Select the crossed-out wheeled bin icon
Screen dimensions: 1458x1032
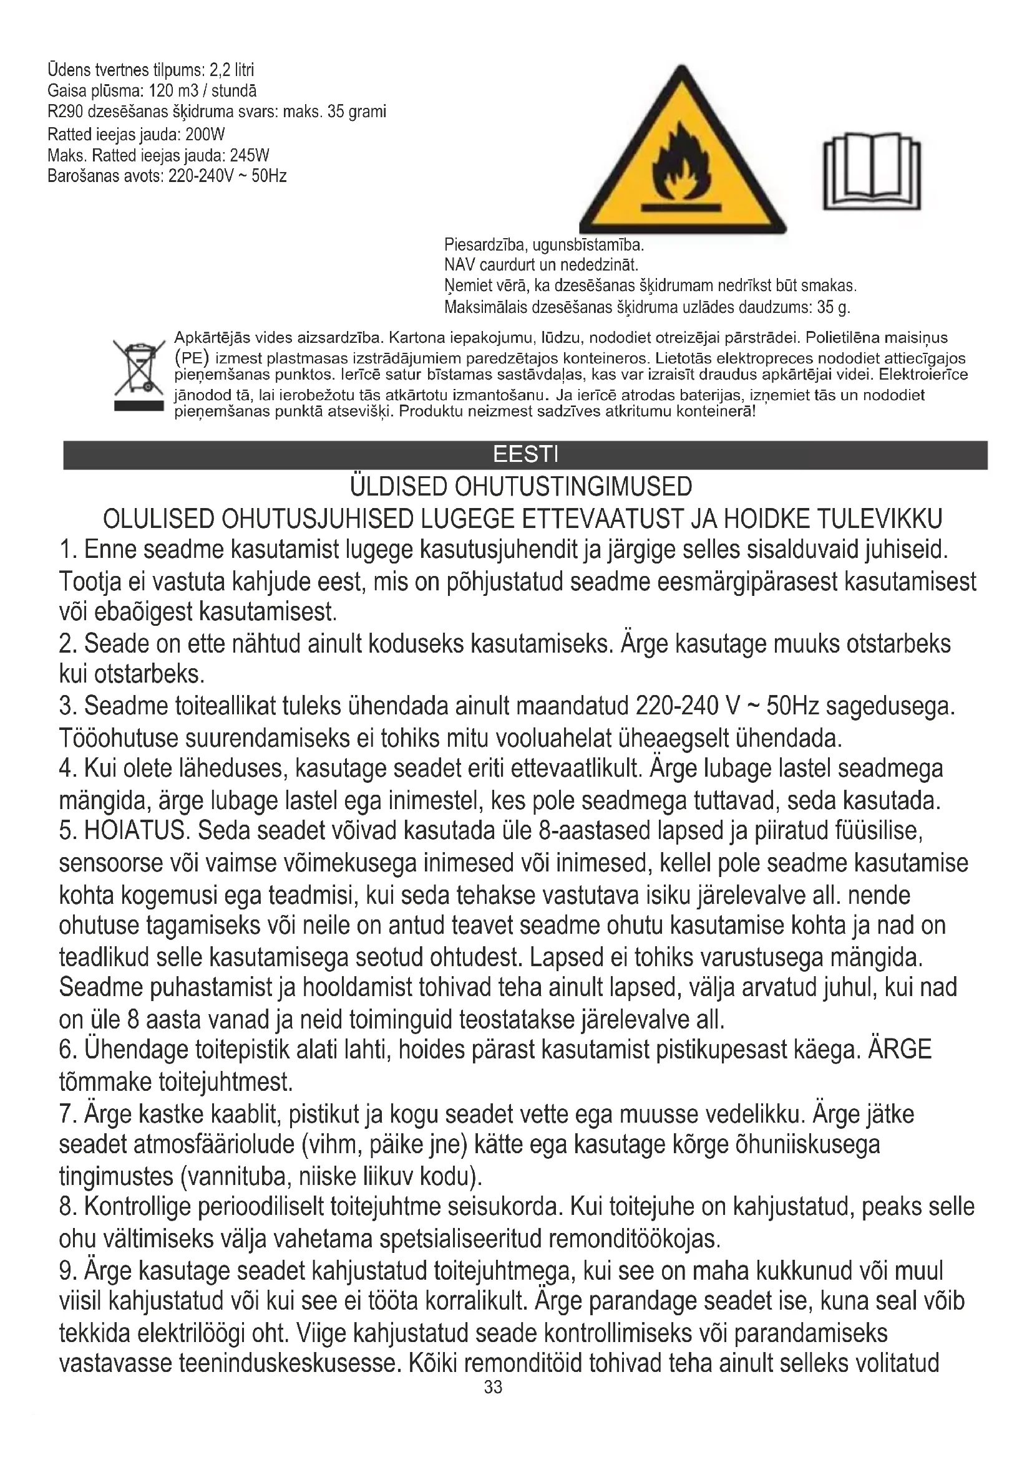139,375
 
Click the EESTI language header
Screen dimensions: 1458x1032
525,454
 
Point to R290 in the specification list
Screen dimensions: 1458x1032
62,112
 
